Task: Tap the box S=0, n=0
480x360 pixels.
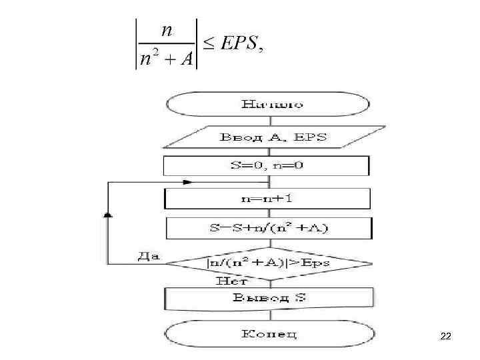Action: [267, 165]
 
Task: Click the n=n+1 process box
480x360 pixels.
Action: [267, 199]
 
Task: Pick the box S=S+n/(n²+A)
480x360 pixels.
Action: [267, 229]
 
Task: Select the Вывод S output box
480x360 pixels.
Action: [267, 298]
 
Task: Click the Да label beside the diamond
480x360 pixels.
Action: [148, 256]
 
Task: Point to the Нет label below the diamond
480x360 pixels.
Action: [227, 282]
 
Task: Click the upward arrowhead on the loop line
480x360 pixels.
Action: [107, 215]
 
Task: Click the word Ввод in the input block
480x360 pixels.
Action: [238, 138]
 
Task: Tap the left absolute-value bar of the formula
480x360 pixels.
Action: [137, 44]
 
